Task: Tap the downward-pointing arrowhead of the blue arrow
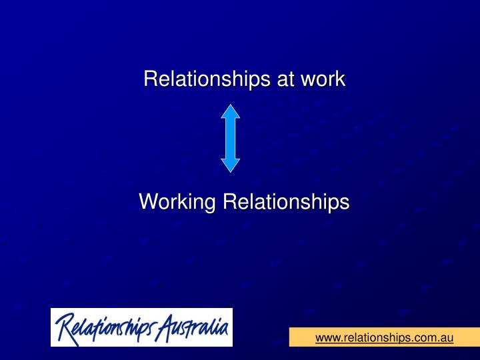[231, 165]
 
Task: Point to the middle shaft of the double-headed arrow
[231, 138]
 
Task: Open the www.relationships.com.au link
[384, 338]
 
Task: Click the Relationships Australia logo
[141, 327]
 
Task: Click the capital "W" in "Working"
[148, 201]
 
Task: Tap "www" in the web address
[327, 338]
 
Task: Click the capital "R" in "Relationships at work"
[150, 79]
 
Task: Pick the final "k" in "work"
[340, 79]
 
